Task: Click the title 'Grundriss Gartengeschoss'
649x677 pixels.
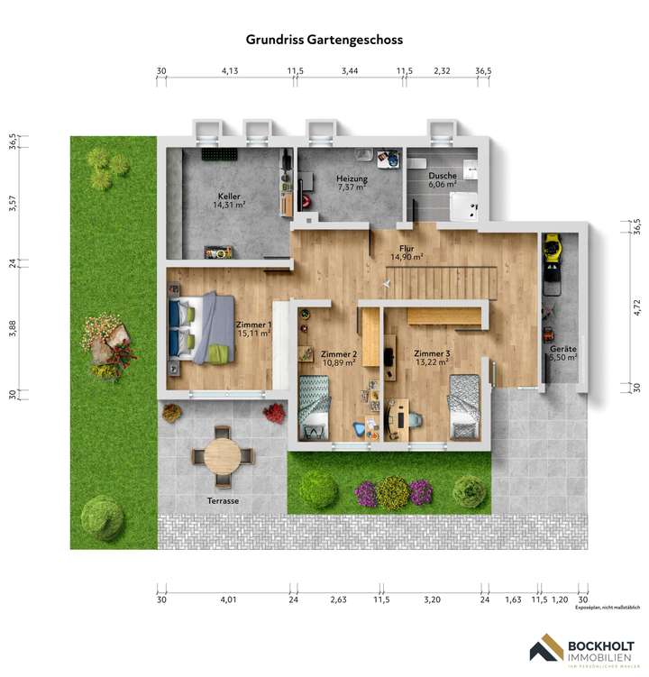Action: [324, 40]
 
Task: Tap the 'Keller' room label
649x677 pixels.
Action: [229, 196]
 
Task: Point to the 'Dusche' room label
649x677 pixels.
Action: [443, 176]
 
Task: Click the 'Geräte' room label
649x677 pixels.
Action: [563, 348]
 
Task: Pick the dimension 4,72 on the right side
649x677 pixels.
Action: [636, 307]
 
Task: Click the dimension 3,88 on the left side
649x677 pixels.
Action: [12, 329]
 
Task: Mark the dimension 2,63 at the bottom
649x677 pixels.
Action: [338, 599]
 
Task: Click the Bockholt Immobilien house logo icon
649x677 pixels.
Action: [544, 651]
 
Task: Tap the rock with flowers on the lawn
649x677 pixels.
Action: [105, 344]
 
